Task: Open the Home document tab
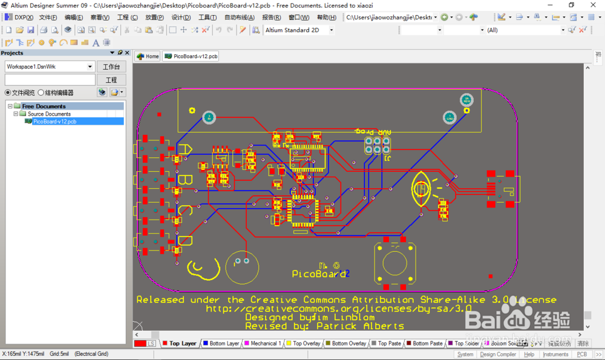pos(148,56)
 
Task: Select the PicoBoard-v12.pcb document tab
pos(191,56)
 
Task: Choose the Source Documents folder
pos(48,114)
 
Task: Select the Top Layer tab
pos(182,344)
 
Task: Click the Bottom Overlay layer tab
pos(348,344)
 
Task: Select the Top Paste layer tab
pos(389,344)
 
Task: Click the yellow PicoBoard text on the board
pos(319,274)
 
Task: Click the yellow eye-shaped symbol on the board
pos(421,189)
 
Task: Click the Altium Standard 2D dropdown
pos(299,30)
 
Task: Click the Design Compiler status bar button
pos(498,355)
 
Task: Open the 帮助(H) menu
pos(326,18)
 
